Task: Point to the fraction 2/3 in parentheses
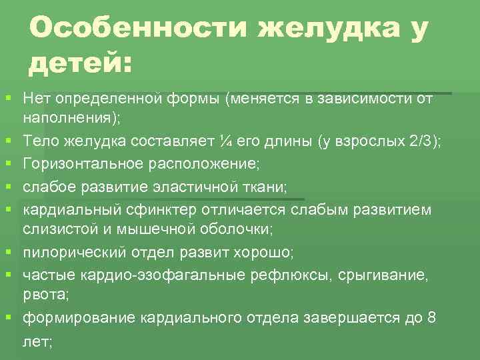[423, 141]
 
